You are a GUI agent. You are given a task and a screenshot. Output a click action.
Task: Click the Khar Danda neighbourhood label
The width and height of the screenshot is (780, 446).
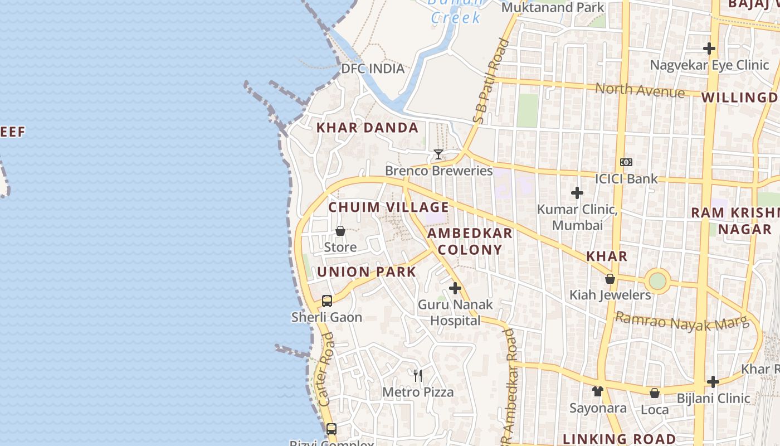(x=367, y=128)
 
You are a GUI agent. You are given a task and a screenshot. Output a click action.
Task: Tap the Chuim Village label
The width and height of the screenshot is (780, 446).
(x=388, y=207)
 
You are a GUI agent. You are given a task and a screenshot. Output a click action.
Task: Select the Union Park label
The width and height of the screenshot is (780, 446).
(x=367, y=272)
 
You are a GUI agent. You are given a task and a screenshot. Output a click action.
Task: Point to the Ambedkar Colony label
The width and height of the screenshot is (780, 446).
(x=470, y=241)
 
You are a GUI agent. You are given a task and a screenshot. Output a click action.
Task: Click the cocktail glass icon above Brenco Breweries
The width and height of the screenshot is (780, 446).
(x=438, y=154)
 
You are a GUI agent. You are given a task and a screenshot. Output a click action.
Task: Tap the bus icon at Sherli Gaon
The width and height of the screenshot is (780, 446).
(x=327, y=301)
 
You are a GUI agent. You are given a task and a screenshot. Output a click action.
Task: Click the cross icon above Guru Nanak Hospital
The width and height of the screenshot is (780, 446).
(x=455, y=288)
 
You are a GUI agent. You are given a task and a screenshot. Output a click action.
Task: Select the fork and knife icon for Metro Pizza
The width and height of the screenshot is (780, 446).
(x=418, y=375)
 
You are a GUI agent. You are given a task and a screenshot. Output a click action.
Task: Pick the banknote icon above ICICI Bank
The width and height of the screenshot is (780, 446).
(x=626, y=162)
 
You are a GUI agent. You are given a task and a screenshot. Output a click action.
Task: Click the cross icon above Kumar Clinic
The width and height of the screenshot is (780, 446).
(x=577, y=193)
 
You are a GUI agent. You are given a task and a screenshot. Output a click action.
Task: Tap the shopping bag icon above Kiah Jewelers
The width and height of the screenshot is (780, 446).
(x=610, y=279)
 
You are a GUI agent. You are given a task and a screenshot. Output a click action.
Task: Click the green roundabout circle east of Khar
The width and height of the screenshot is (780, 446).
(x=658, y=280)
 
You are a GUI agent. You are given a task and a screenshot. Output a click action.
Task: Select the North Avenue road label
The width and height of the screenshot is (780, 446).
(x=640, y=90)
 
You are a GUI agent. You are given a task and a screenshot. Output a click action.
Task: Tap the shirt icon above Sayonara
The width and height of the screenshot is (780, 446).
(x=598, y=391)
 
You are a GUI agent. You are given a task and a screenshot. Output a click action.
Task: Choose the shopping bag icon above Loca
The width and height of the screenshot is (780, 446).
(x=655, y=393)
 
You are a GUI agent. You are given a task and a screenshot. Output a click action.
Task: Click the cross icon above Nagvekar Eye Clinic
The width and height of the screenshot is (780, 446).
(x=709, y=49)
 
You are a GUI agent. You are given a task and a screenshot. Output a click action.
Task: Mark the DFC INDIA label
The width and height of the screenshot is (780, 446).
(x=373, y=69)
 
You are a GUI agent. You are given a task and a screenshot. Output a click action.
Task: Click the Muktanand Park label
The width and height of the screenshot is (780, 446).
(x=553, y=7)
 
